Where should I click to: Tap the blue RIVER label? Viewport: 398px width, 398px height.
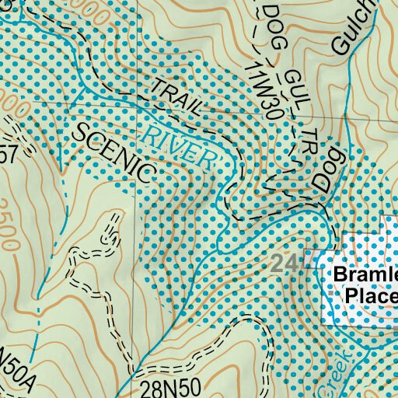coord(179,143)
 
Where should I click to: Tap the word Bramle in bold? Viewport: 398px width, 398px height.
coord(365,276)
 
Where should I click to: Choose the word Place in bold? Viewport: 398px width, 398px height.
coord(371,296)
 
